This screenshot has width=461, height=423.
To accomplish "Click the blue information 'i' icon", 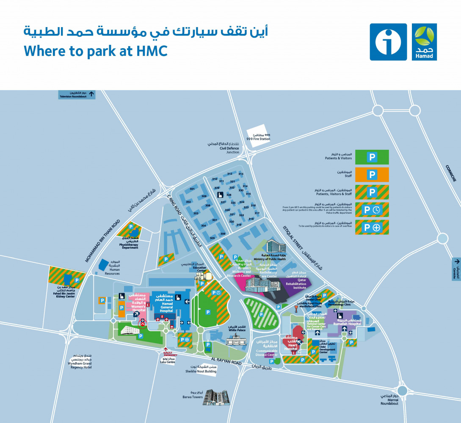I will [x=388, y=42].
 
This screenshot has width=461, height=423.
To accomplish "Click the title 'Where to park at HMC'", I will [x=96, y=51].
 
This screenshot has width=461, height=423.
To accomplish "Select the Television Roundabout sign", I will [x=77, y=95].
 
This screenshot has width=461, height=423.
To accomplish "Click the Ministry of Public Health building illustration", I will [x=273, y=247].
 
